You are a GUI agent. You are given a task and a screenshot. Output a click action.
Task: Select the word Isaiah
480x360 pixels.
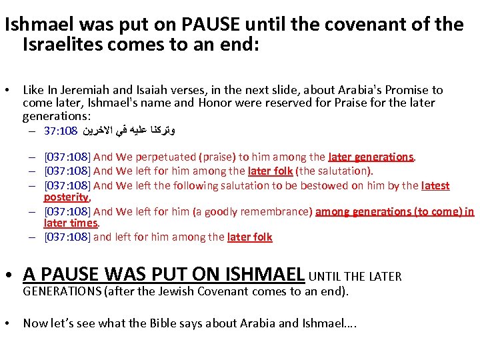[148, 90]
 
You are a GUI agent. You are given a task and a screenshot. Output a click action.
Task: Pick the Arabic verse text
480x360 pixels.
[129, 129]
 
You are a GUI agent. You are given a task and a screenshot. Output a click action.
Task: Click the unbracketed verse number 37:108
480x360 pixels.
[61, 129]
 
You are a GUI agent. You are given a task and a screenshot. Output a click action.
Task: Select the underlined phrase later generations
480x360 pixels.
[371, 157]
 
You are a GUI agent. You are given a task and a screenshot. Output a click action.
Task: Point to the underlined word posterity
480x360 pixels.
[66, 197]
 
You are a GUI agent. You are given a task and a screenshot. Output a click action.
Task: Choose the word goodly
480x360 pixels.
[219, 212]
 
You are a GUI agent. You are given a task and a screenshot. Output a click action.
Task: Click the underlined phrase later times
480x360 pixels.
[71, 223]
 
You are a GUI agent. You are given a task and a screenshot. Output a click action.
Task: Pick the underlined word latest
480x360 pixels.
[436, 186]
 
